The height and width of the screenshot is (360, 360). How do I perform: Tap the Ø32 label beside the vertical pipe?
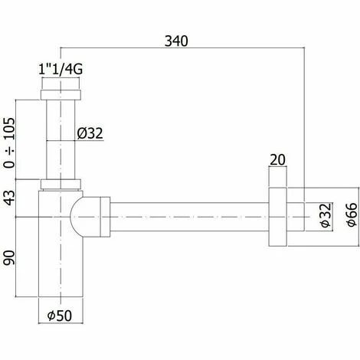coord(90,135)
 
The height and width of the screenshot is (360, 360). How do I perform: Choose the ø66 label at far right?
coord(349,216)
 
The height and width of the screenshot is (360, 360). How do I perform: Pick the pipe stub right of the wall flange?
coord(294,216)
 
